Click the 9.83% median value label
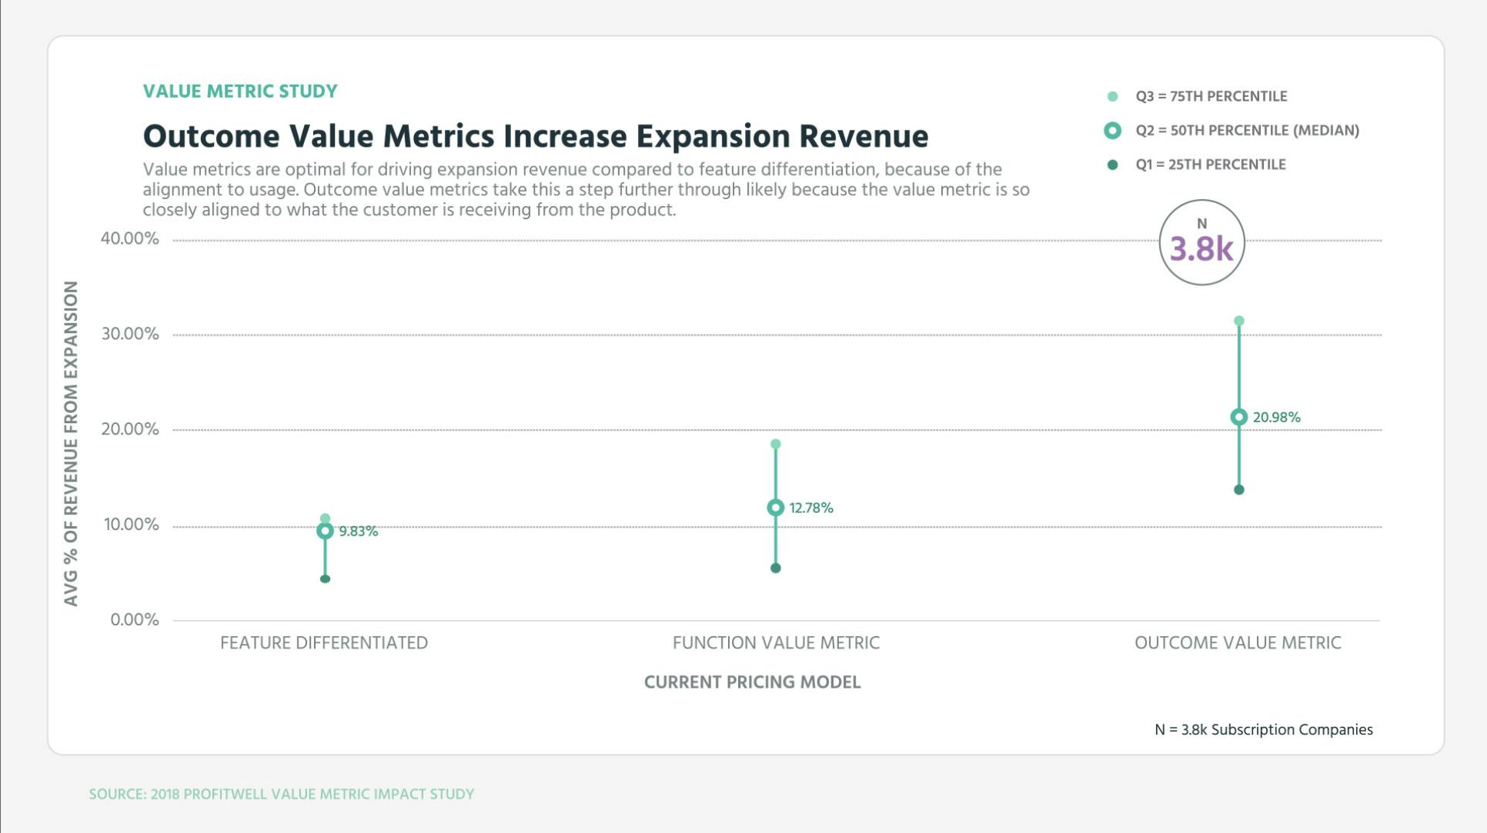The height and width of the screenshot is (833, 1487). (x=359, y=531)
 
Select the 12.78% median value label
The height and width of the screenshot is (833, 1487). (x=811, y=508)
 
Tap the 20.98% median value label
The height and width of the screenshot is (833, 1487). (x=1276, y=418)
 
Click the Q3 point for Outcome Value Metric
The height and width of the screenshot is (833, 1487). (x=1238, y=321)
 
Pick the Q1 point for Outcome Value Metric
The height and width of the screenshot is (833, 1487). (x=1238, y=490)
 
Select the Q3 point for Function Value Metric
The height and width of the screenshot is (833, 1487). (x=775, y=444)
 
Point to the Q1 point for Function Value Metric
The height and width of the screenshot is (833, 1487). (x=775, y=568)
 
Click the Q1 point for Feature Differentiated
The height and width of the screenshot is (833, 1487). (x=325, y=578)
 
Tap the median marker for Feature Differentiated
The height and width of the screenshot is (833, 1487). (x=325, y=531)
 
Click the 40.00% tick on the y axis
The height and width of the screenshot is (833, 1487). (x=129, y=238)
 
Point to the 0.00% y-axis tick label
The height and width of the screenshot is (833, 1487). (x=134, y=620)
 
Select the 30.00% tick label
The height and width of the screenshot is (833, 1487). (x=129, y=334)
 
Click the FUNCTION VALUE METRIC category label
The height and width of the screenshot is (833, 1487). (x=776, y=643)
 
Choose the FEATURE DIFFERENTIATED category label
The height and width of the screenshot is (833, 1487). (x=323, y=643)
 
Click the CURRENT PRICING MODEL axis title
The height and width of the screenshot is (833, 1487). (x=752, y=682)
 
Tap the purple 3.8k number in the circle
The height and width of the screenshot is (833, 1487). (x=1201, y=248)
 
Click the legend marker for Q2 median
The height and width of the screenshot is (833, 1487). (x=1112, y=131)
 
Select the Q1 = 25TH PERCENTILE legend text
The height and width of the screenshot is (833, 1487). (x=1210, y=165)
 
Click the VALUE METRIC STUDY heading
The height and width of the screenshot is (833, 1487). (x=240, y=92)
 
